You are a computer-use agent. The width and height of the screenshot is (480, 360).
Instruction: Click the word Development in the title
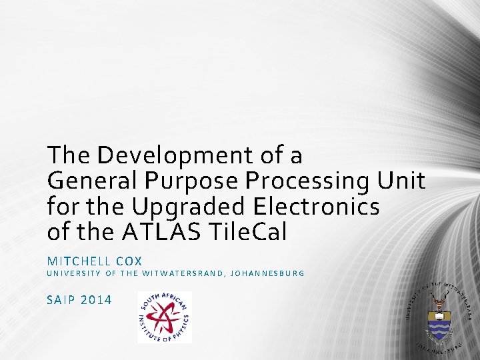[x=175, y=156]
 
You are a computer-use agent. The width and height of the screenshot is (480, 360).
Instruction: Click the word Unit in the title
[x=401, y=181]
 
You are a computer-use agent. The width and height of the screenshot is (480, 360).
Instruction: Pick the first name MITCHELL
[x=77, y=261]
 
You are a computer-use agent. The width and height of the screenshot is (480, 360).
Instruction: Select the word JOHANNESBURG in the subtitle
[x=266, y=273]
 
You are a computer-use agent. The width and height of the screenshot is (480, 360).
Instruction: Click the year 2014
[x=96, y=299]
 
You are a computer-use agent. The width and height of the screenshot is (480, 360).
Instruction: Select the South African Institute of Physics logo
[x=165, y=317]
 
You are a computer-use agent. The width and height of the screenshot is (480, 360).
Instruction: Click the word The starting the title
[x=69, y=156]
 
